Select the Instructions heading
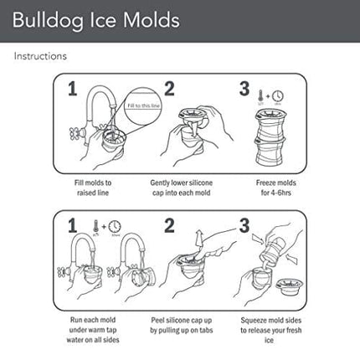point(39,57)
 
